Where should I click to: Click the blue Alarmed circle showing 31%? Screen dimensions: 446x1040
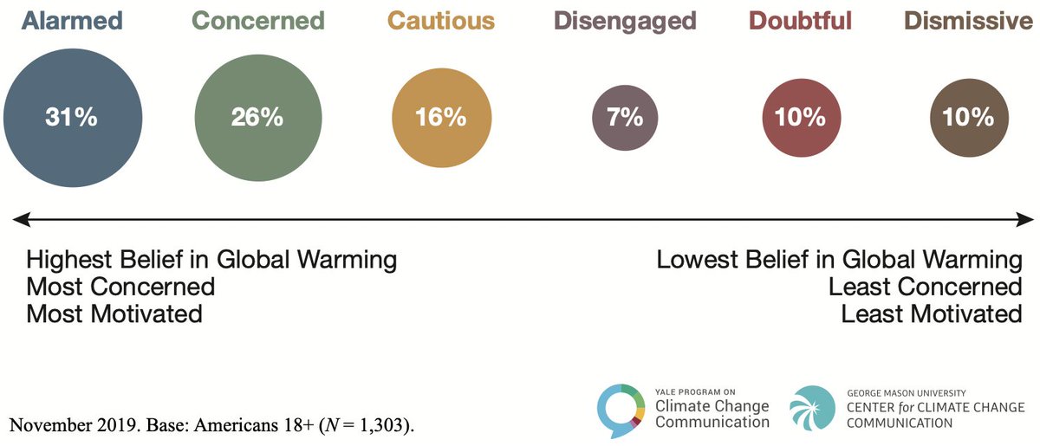(x=71, y=118)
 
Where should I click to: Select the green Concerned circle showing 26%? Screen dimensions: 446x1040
(x=257, y=118)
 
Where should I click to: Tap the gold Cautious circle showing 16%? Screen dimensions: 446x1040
(x=440, y=118)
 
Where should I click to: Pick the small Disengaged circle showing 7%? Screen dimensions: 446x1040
(x=624, y=118)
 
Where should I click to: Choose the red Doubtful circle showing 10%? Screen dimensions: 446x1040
(x=799, y=118)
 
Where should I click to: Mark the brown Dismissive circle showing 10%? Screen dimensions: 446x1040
(x=967, y=118)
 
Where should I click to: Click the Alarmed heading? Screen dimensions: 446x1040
(x=73, y=21)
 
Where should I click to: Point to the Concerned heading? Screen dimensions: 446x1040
(x=257, y=21)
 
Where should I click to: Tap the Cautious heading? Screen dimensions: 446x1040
(x=440, y=21)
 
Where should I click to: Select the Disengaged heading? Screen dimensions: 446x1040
(x=624, y=21)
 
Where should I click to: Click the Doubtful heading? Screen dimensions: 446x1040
(x=799, y=21)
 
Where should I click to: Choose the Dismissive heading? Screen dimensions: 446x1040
(x=968, y=21)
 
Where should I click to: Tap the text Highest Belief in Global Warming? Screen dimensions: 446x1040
(x=211, y=260)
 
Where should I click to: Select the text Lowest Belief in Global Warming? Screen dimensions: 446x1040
(x=839, y=260)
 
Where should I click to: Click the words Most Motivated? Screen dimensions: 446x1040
(x=114, y=313)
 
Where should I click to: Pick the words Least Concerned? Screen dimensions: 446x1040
(x=925, y=287)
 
